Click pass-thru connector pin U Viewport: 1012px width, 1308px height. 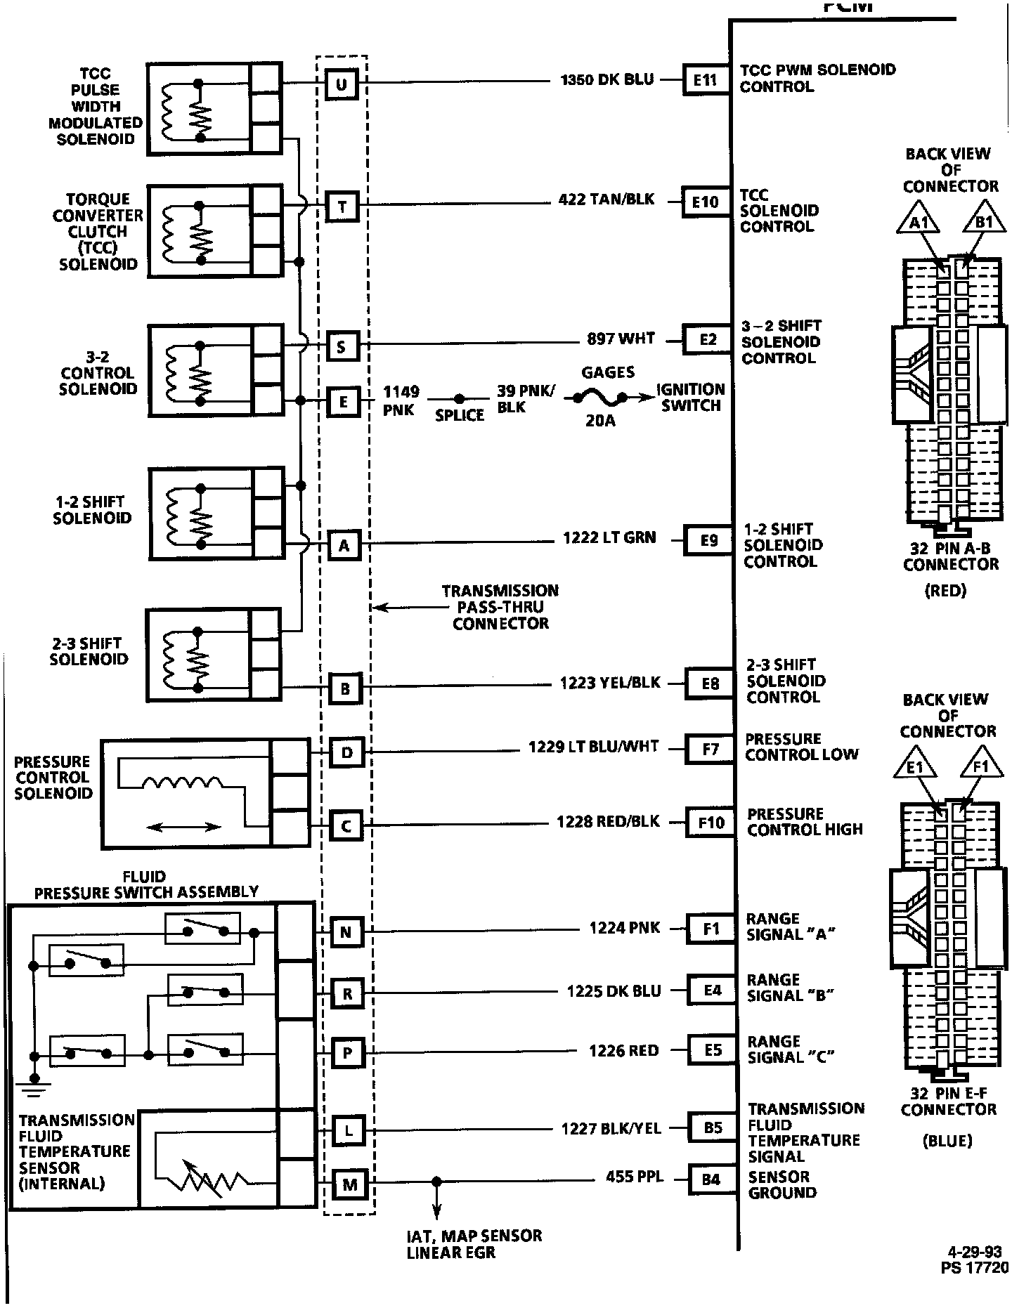pos(342,84)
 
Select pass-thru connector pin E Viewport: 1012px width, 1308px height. pos(344,402)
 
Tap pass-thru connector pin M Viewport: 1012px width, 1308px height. pos(350,1185)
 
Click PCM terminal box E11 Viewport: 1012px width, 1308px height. pos(705,79)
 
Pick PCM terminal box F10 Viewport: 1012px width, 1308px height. pos(711,822)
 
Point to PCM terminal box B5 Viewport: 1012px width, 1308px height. pos(713,1127)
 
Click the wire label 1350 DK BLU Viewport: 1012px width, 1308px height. pos(607,79)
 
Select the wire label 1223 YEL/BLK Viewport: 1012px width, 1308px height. pos(610,682)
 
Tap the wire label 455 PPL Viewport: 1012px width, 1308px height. pos(634,1176)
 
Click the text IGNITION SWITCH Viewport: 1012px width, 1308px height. pos(690,398)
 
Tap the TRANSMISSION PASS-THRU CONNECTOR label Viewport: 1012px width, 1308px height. pos(500,607)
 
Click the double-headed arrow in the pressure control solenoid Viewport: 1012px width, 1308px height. pos(184,827)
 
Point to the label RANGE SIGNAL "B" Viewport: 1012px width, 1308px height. pos(790,988)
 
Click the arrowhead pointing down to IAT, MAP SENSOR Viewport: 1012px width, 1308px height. pos(437,1211)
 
